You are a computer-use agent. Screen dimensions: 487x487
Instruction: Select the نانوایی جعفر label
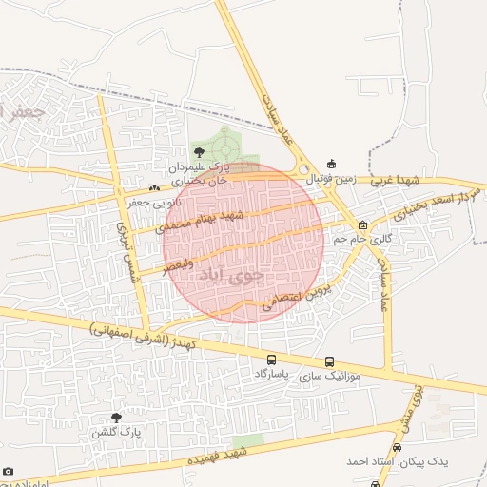pyautogui.click(x=154, y=202)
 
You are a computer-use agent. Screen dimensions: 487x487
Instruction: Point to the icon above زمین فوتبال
pyautogui.click(x=331, y=164)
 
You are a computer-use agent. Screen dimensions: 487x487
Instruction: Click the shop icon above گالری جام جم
pyautogui.click(x=362, y=225)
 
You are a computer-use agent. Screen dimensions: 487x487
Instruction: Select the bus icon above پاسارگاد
pyautogui.click(x=272, y=361)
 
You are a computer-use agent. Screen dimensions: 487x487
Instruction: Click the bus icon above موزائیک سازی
pyautogui.click(x=330, y=362)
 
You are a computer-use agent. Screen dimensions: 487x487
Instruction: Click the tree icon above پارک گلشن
pyautogui.click(x=116, y=418)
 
